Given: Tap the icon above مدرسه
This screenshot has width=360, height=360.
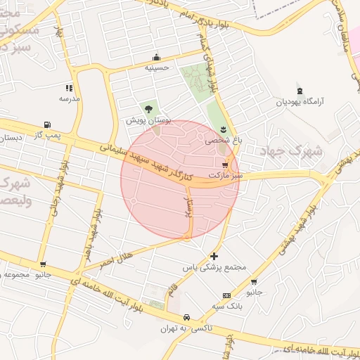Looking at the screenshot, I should [x=69, y=88].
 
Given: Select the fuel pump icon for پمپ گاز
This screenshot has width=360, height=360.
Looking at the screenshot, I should [x=47, y=124].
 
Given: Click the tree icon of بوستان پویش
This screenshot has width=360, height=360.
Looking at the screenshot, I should [x=148, y=109].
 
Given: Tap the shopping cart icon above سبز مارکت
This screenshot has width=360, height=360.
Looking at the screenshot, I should [x=224, y=164].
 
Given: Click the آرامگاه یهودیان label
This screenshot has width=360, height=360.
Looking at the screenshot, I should [x=302, y=102].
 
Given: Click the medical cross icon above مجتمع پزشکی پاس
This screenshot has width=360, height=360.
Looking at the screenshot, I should [x=214, y=257].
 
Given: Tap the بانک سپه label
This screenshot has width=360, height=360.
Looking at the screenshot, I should [x=226, y=306].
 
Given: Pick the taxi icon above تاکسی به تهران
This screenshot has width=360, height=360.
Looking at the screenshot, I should [x=186, y=317].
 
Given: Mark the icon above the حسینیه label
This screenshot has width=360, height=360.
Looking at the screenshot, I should [x=155, y=58].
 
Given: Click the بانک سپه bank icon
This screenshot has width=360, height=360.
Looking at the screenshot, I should [x=226, y=295].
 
